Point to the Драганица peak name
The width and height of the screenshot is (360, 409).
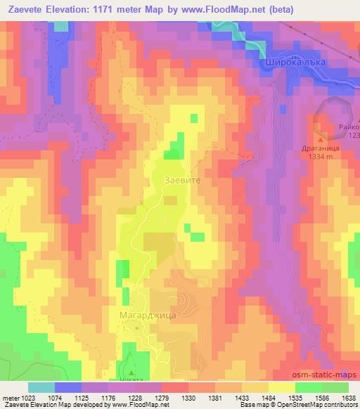325,149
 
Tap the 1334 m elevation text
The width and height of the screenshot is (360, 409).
324,158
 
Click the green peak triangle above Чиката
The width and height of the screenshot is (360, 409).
131,372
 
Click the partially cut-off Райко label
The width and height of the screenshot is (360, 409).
349,126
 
